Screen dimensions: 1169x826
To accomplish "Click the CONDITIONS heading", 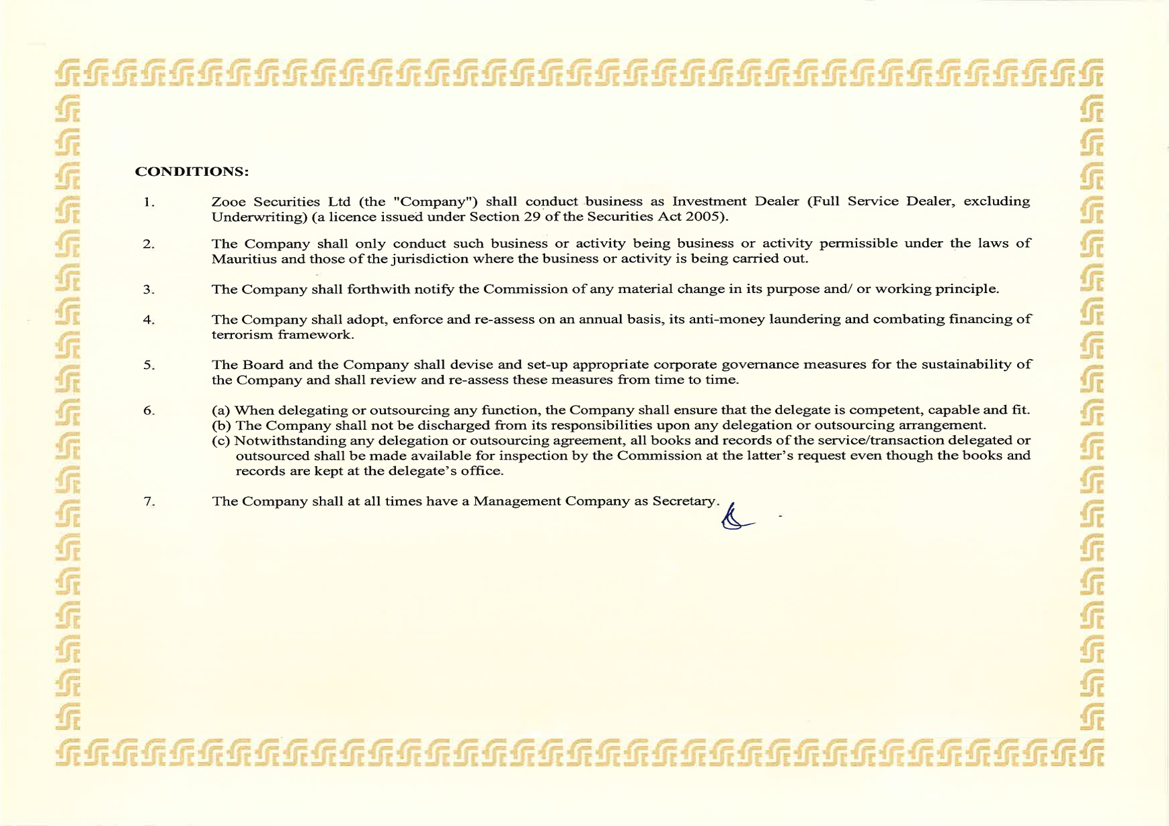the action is pos(191,171).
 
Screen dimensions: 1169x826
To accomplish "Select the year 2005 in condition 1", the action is pos(706,216).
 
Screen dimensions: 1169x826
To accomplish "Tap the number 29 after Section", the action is pos(531,216).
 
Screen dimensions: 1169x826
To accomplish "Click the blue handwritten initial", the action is pos(736,518).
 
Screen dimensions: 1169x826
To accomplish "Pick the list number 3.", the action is pos(149,289).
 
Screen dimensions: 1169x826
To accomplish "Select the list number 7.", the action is pos(149,501).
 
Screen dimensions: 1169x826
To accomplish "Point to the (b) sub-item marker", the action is pos(221,425).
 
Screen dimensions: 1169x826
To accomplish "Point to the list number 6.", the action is pos(149,410).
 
